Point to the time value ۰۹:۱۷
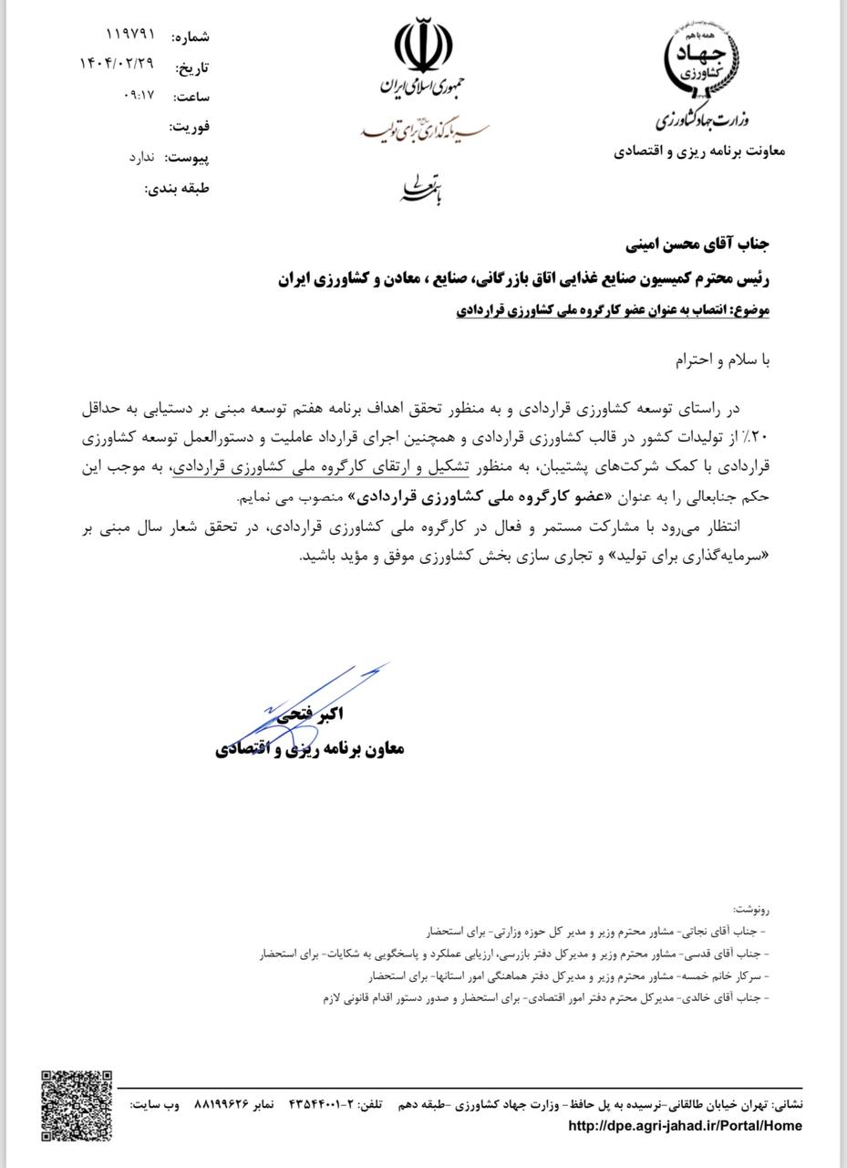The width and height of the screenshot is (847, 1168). [138, 95]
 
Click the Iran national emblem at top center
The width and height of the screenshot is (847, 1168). [423, 47]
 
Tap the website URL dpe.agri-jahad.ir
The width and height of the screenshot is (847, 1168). [685, 1126]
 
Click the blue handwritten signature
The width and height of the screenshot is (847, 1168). [310, 703]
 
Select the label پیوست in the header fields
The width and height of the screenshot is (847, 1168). [187, 158]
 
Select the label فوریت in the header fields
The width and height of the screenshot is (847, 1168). [190, 127]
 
